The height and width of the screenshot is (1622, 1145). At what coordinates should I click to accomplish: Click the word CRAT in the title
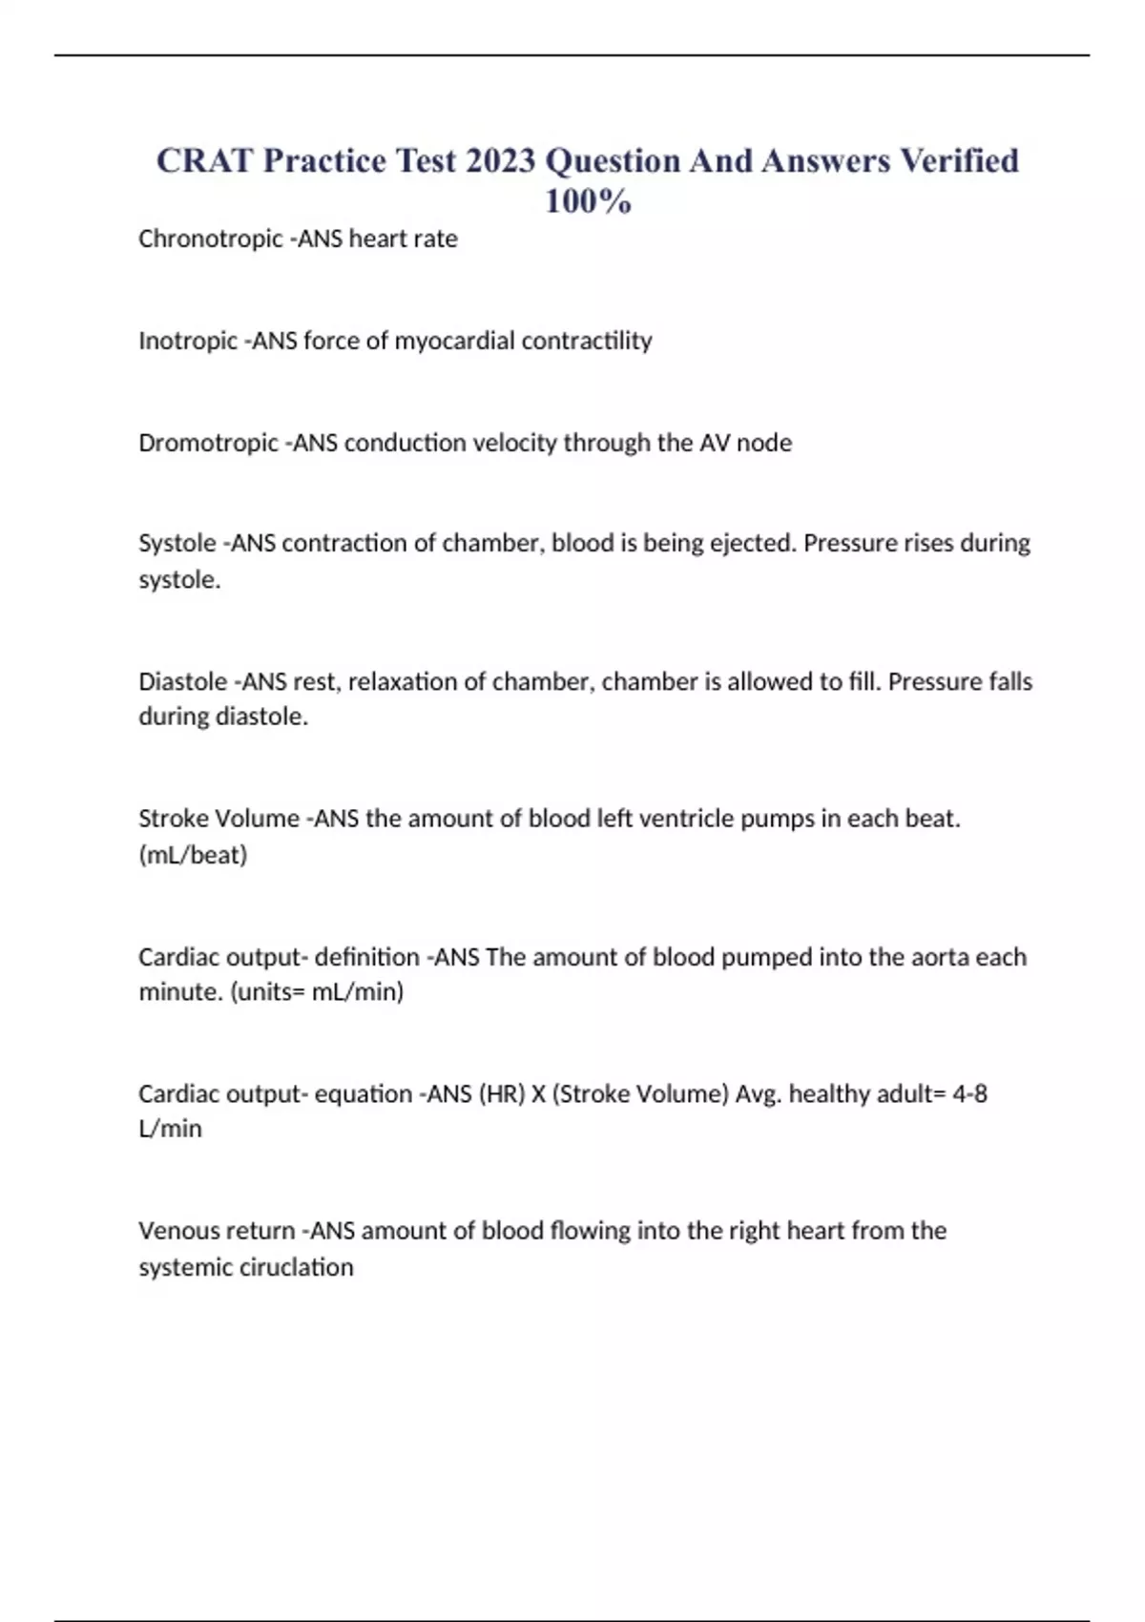coord(204,160)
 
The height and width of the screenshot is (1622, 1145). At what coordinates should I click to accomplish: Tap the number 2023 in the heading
coord(501,160)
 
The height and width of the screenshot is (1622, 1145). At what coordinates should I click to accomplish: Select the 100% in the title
coord(588,201)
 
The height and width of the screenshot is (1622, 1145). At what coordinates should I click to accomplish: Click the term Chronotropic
coord(211,239)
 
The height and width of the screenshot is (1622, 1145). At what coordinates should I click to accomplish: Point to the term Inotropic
coord(188,341)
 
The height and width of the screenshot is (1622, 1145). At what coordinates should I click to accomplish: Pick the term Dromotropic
coord(209,443)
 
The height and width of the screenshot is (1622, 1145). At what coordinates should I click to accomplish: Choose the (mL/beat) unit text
coord(193,855)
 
